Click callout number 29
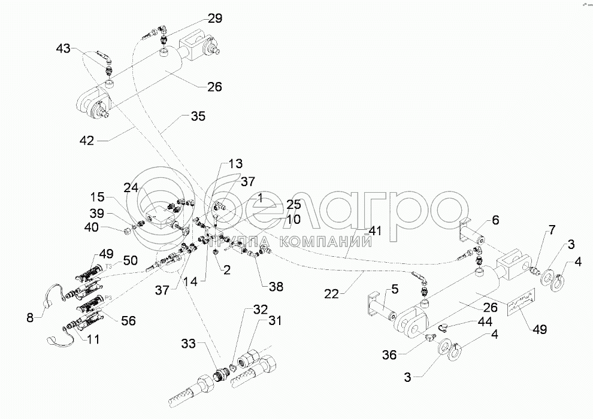[214, 19]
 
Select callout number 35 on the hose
[197, 116]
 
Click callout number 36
[390, 356]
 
